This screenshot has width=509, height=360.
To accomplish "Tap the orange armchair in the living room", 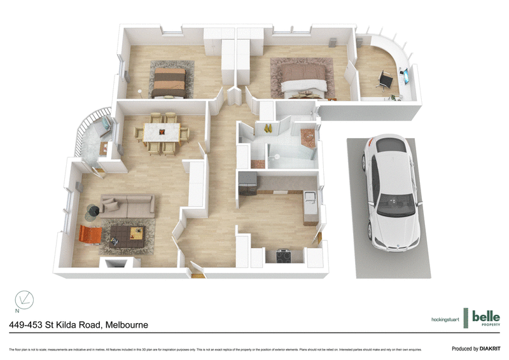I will [90, 235].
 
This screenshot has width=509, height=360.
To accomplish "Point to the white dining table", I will [163, 132].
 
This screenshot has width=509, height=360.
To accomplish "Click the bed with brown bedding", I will [170, 82].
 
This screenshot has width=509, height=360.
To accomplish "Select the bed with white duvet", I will [303, 80].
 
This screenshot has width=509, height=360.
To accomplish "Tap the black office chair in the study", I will [385, 80].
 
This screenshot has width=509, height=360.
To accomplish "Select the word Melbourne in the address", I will [127, 325].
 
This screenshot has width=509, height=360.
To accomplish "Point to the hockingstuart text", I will [445, 319].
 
